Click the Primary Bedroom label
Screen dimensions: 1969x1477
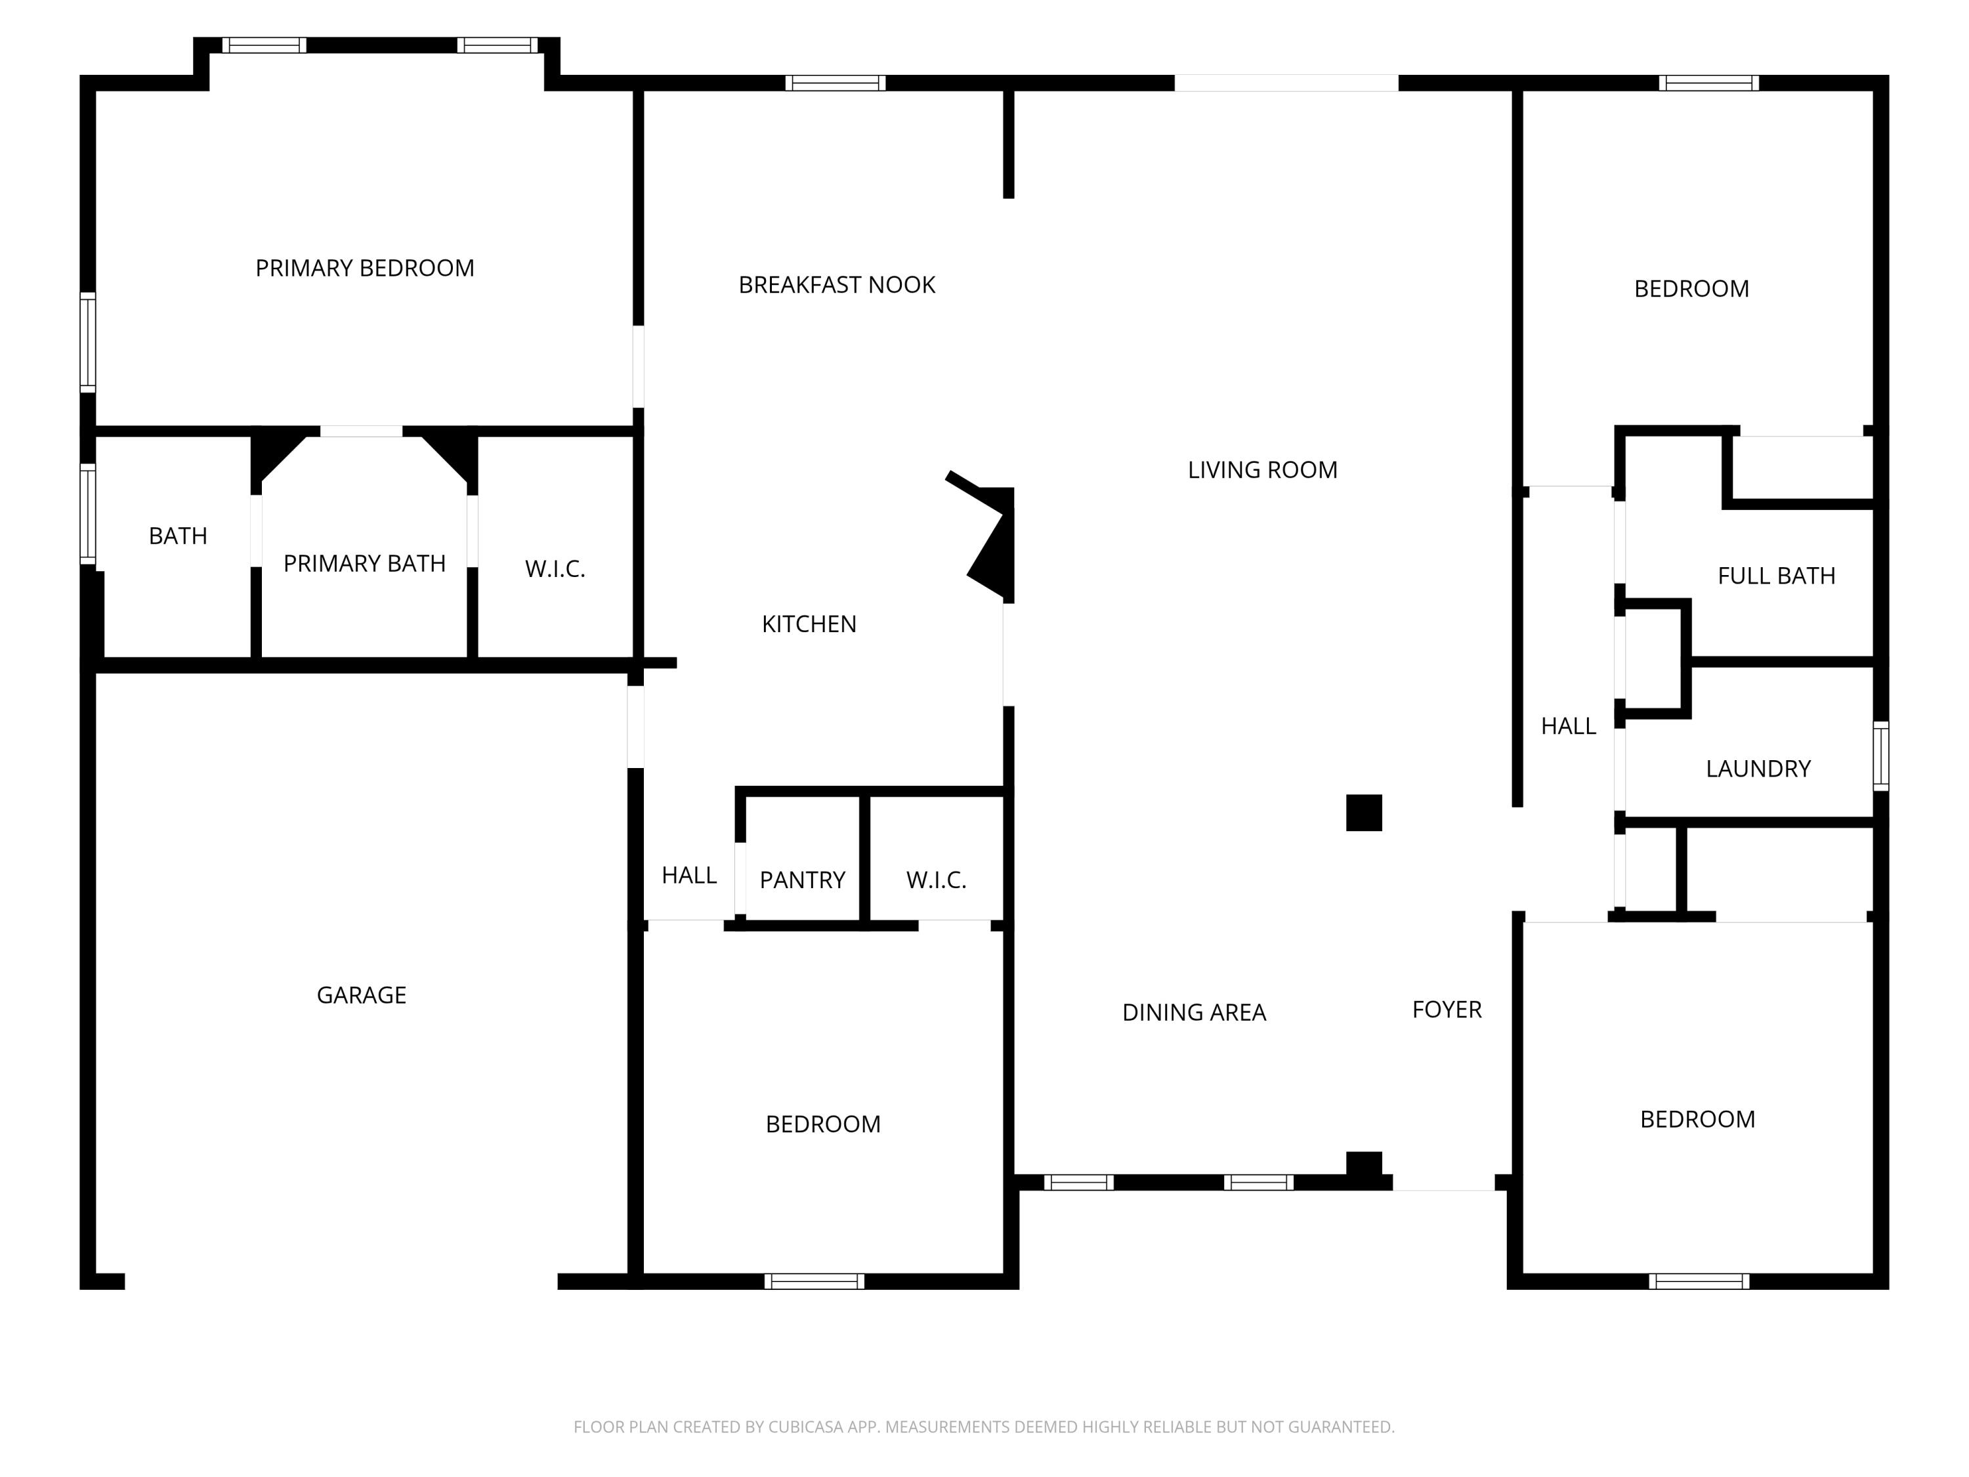365,268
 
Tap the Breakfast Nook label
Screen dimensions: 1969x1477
837,285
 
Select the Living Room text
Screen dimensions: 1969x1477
1262,470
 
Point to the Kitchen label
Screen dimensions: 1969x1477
809,624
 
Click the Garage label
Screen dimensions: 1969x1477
362,995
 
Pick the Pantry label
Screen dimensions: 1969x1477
802,880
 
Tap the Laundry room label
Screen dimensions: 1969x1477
1758,769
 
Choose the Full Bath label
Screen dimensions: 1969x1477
1776,576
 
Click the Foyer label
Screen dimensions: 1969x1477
1447,1010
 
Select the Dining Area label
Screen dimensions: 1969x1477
1194,1012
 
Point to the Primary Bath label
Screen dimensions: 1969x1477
364,563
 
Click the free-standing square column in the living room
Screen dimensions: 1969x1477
1364,813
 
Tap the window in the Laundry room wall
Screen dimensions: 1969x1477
1881,756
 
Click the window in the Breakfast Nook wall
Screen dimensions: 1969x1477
835,83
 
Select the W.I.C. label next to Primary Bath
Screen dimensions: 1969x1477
555,569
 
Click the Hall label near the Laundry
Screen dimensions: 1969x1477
1569,727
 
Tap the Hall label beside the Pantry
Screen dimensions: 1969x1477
689,876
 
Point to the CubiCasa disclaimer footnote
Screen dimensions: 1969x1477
984,1427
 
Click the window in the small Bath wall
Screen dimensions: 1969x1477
88,514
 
